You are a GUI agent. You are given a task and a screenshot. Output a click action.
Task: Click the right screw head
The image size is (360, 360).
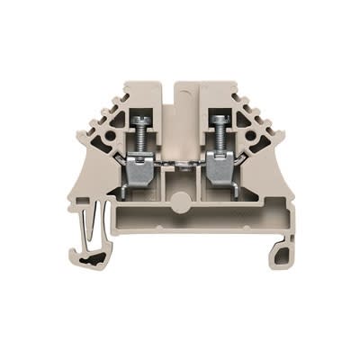coord(218,120)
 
